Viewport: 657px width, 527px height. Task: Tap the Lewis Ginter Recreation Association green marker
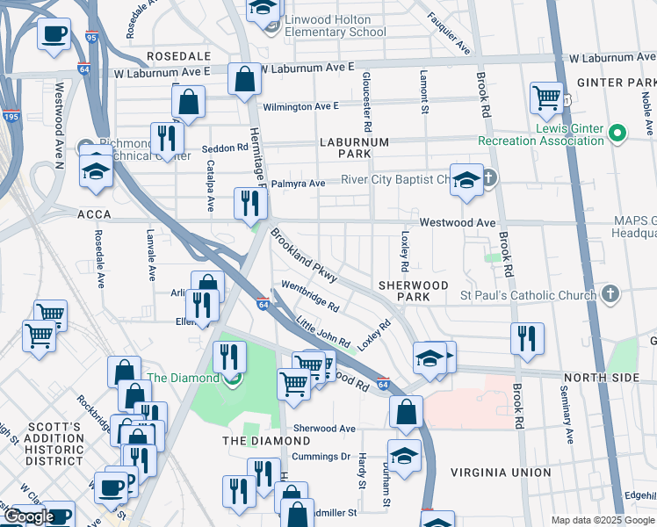[x=617, y=134]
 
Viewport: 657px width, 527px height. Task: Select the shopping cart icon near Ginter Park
[x=547, y=97]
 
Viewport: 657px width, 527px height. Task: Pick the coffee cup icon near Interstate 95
[x=54, y=34]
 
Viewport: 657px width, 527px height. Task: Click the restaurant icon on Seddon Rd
[x=165, y=138]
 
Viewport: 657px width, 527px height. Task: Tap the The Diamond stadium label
[x=182, y=378]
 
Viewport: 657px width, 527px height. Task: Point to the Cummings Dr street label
[x=321, y=457]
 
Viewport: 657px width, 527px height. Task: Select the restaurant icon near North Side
[x=527, y=338]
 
